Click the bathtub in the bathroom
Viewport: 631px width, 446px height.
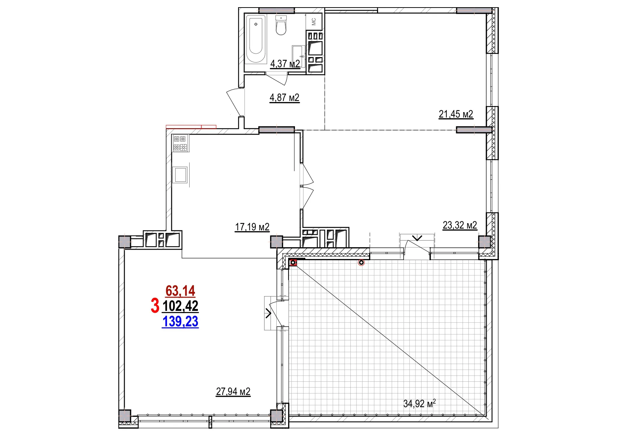tap(256, 39)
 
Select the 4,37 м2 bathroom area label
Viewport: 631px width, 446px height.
tap(285, 64)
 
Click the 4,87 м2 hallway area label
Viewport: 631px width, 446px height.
tap(284, 98)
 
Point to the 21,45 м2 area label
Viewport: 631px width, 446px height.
tap(455, 114)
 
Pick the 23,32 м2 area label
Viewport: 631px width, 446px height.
tap(459, 225)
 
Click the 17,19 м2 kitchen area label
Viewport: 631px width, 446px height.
tap(252, 227)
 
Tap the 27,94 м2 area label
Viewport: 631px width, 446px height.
tap(233, 391)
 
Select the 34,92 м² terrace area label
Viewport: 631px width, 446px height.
tap(419, 404)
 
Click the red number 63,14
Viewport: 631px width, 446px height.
tap(180, 291)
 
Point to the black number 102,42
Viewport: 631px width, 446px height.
tap(180, 306)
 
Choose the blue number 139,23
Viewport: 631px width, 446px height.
tap(180, 322)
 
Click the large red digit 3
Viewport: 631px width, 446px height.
tap(155, 306)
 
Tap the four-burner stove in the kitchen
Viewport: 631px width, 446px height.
tap(180, 143)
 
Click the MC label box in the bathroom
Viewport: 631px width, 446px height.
tap(314, 22)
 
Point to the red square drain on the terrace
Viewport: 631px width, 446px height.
tap(293, 263)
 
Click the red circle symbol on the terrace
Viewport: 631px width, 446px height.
tap(361, 263)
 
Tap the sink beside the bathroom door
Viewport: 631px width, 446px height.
tap(298, 56)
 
